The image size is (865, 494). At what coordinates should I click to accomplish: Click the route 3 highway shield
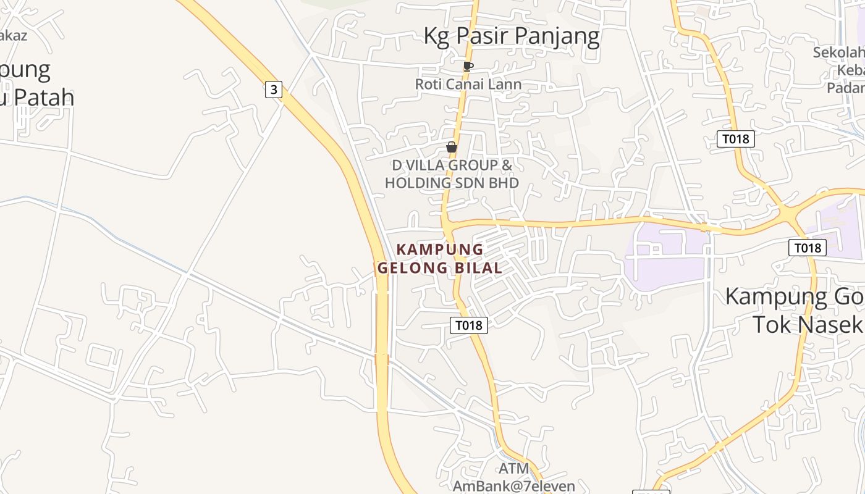point(274,90)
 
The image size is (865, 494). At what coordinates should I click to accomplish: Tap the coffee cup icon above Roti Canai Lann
point(468,66)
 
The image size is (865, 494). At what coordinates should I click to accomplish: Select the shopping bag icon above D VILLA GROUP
point(452,147)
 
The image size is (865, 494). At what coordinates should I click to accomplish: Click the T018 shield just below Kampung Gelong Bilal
point(469,325)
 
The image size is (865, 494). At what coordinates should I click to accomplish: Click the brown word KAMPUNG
point(439,249)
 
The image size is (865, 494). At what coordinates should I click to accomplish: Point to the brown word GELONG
point(413,268)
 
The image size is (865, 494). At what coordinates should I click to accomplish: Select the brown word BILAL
point(477,268)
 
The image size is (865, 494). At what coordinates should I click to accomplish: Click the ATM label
point(514,469)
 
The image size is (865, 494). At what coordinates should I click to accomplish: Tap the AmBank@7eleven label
point(514,486)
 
